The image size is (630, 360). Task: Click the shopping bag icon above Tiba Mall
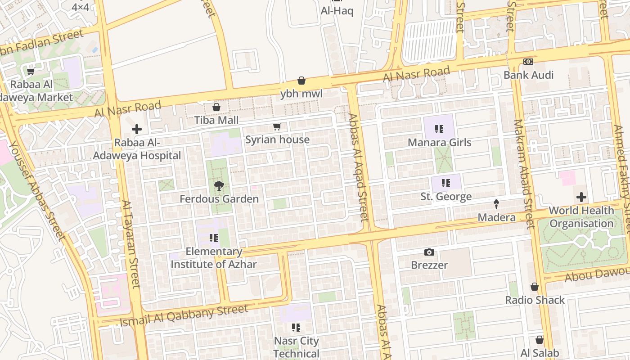216,107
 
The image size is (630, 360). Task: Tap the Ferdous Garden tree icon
219,186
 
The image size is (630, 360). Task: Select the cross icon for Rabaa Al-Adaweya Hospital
137,130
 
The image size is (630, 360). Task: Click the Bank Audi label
528,75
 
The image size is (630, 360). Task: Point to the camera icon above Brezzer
429,252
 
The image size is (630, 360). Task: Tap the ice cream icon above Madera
496,204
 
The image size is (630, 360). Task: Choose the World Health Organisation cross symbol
581,197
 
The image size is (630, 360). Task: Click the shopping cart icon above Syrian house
277,127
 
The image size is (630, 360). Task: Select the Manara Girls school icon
440,130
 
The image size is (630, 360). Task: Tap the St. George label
446,197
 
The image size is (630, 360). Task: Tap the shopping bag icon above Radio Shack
535,287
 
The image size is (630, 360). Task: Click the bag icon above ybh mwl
301,81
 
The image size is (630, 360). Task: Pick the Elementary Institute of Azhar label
214,258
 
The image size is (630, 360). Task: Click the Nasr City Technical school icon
296,327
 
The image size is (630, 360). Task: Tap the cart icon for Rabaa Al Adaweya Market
31,71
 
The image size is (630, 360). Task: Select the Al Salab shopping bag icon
540,340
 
